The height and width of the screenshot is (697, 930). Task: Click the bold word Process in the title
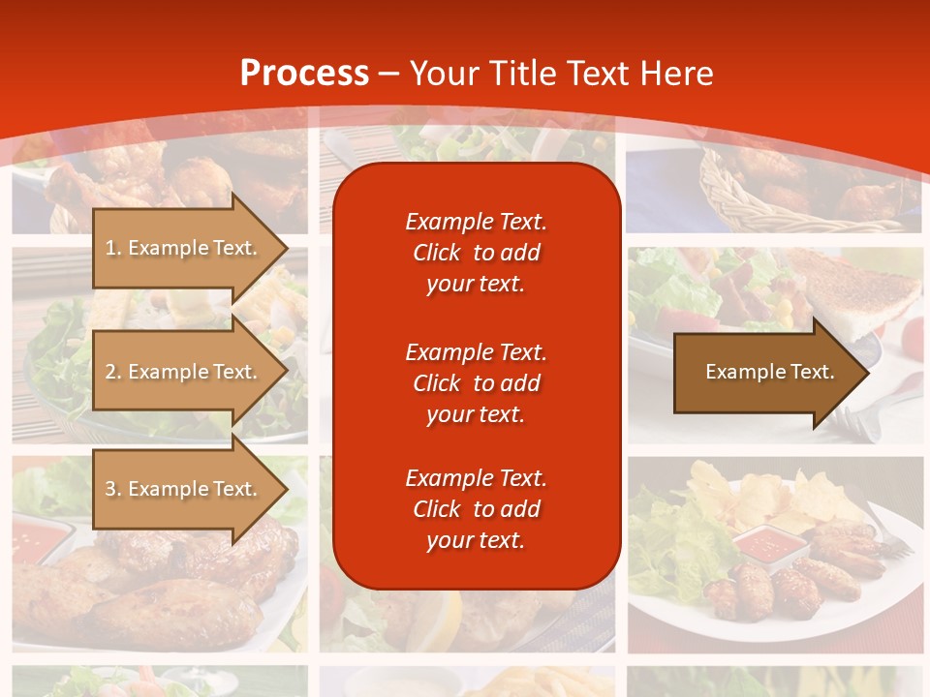pos(304,74)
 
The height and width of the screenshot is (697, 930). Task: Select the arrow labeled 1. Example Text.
pos(184,248)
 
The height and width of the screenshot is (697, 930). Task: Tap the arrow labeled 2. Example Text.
pos(184,372)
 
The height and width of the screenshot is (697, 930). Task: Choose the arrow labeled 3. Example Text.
pos(184,489)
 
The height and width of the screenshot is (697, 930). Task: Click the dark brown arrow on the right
pos(765,373)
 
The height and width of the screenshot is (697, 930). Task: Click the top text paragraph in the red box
pos(476,253)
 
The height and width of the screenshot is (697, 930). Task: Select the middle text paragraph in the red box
pos(476,383)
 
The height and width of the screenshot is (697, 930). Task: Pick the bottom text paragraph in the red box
pos(476,509)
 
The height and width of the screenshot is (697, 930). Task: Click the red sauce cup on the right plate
pos(764,544)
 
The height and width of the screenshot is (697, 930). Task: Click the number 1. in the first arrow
pos(113,248)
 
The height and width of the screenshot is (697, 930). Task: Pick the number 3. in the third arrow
pos(113,489)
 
